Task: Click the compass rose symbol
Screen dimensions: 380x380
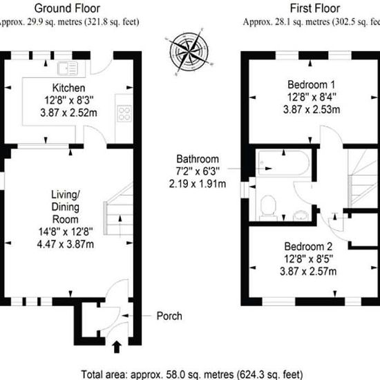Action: point(189,52)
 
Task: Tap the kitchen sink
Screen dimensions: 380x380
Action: point(68,68)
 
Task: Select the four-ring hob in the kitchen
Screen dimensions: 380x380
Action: point(124,113)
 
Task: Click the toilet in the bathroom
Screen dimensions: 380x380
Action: point(268,208)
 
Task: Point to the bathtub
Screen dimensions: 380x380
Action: point(284,163)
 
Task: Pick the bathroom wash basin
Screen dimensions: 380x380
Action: point(301,216)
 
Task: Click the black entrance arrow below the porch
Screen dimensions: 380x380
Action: point(117,347)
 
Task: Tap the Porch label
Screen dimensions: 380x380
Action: point(169,316)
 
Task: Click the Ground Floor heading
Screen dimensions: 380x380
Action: point(67,8)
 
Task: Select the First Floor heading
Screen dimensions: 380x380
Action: point(315,8)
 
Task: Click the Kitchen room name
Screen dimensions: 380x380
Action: point(68,88)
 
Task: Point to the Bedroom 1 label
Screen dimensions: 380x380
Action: point(311,84)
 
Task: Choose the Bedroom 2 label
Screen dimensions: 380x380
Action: point(308,247)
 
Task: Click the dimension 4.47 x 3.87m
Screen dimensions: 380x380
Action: point(66,244)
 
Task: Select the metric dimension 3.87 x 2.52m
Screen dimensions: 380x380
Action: point(68,113)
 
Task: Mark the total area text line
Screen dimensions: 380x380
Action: point(191,374)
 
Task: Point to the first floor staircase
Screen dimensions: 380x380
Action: point(363,178)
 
